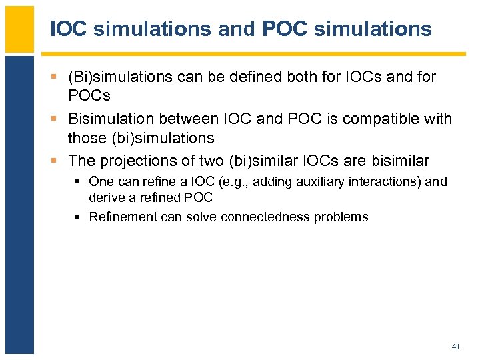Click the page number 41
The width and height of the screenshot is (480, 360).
tap(455, 347)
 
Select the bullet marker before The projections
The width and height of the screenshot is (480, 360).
tap(55, 161)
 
